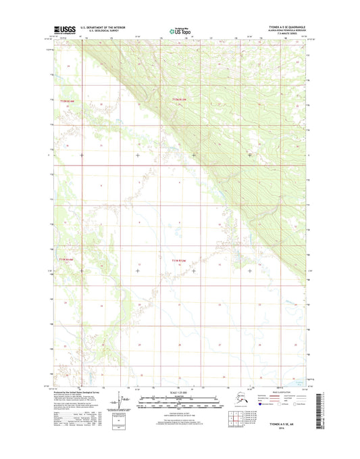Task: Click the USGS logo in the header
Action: click(x=64, y=29)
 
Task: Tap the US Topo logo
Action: click(x=180, y=30)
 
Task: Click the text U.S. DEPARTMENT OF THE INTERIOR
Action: click(x=108, y=28)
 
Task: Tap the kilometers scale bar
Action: click(x=180, y=399)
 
